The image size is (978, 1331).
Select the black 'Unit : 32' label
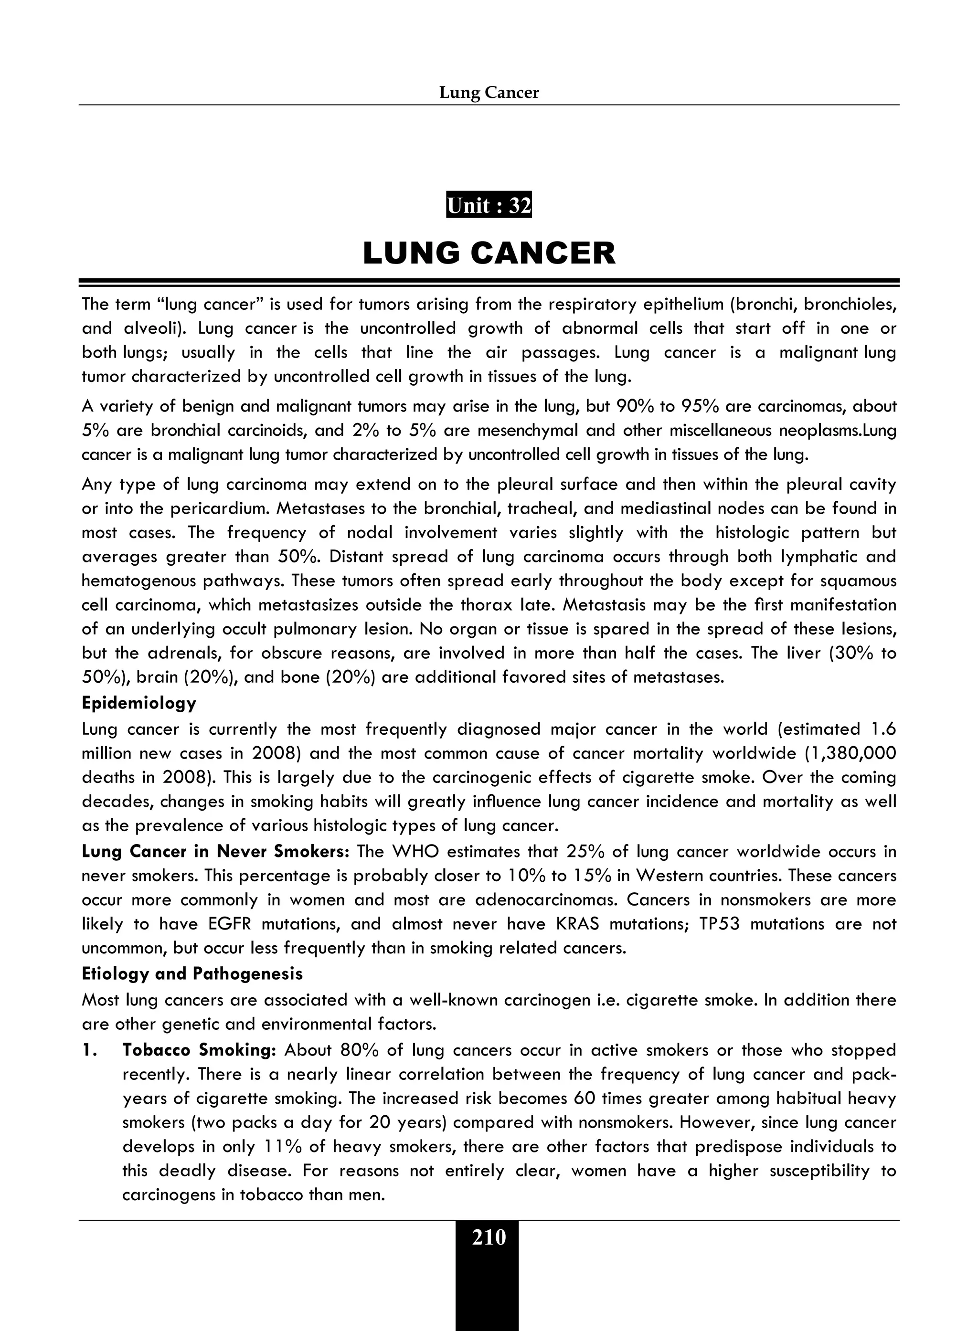tap(489, 205)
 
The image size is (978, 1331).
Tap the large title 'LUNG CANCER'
tap(489, 254)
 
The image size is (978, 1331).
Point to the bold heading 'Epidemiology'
tap(139, 703)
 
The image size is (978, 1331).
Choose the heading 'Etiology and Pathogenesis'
tap(192, 973)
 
